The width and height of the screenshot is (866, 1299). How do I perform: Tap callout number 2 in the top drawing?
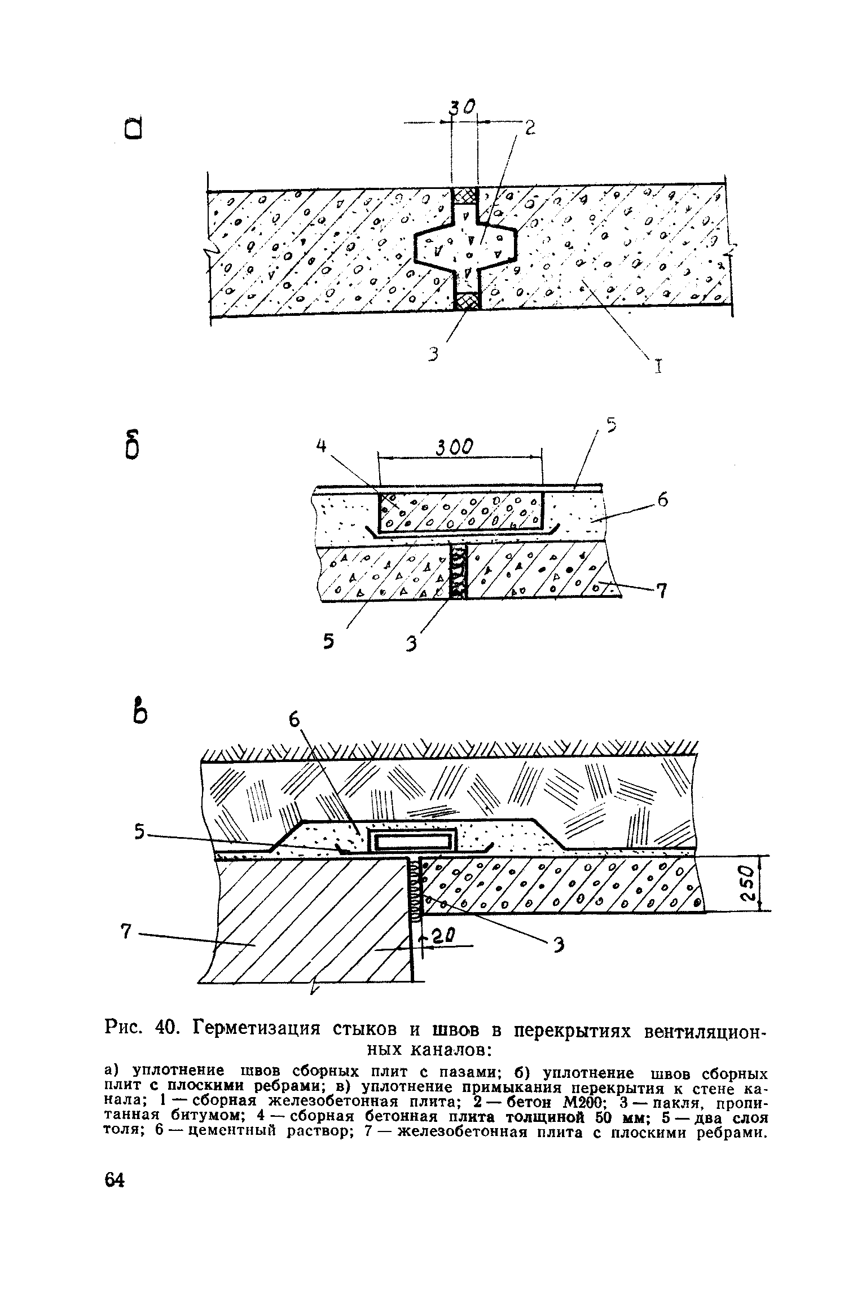coord(529,129)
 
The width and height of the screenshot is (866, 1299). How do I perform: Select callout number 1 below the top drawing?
coord(657,367)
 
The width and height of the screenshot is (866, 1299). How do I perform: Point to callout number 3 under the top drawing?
coord(433,355)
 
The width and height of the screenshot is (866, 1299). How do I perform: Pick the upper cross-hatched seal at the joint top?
coord(465,196)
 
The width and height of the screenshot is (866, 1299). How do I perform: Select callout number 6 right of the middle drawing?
coord(663,500)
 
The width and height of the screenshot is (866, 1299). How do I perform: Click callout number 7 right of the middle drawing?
coord(662,591)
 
